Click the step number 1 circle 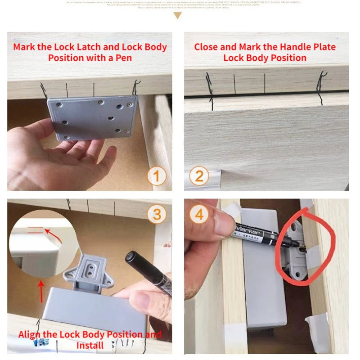157,176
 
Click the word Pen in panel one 121,58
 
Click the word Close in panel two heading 208,47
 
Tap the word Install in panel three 90,346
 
